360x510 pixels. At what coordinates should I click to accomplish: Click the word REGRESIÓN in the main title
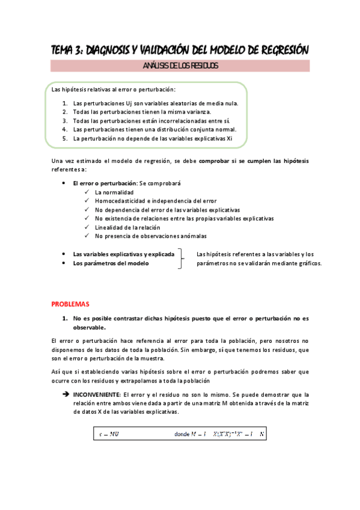[x=280, y=50]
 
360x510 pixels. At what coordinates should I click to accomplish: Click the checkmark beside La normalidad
[x=88, y=192]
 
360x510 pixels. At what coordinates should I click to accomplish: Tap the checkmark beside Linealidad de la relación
[x=88, y=227]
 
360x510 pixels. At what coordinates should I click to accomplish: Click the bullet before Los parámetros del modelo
[x=64, y=263]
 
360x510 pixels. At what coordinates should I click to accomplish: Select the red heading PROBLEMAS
[x=70, y=304]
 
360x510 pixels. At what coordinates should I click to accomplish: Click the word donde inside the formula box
[x=182, y=434]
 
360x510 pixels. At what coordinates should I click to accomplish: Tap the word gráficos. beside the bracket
[x=308, y=263]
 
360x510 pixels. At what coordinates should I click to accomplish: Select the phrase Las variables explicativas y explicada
[x=123, y=254]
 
